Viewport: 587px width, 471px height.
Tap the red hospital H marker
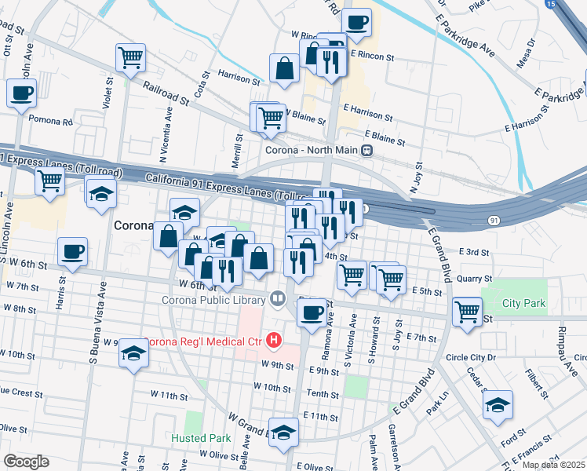274,340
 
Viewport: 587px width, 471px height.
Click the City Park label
523,303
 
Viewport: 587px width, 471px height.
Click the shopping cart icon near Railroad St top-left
130,57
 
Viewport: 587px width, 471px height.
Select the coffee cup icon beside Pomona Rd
21,93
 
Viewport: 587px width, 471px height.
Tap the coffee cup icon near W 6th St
72,251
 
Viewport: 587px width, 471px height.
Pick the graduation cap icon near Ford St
498,404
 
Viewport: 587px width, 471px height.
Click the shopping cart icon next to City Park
467,310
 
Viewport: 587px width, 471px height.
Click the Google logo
26,462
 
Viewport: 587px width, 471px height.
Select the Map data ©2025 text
553,465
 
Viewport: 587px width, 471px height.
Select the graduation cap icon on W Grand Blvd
284,432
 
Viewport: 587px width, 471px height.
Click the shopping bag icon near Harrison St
284,69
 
